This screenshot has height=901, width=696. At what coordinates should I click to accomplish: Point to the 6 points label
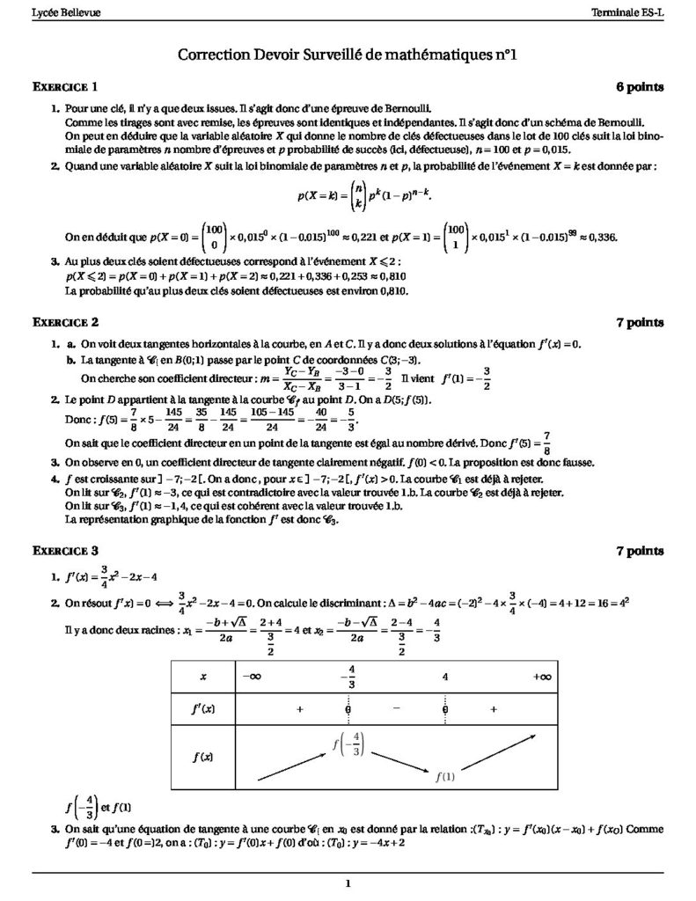coord(640,86)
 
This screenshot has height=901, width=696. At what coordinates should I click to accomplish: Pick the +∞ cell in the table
coord(541,677)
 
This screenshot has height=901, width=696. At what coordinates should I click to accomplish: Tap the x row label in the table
coord(203,677)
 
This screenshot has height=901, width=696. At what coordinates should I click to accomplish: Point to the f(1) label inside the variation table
coord(445,776)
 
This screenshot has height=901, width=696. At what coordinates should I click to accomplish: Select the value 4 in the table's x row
coord(446,677)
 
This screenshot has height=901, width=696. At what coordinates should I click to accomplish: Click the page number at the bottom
coord(348,883)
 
